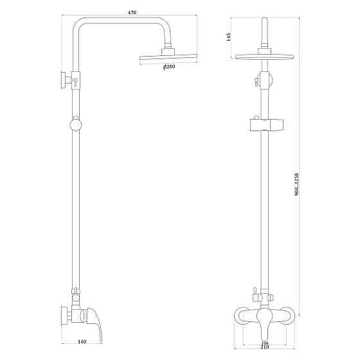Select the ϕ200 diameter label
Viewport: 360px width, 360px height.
[x=168, y=67]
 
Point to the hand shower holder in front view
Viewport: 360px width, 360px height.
[x=264, y=123]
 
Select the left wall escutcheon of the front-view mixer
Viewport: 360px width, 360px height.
[x=239, y=315]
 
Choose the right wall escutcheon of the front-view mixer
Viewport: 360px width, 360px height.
[x=290, y=315]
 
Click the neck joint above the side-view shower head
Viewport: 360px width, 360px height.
[x=169, y=49]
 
